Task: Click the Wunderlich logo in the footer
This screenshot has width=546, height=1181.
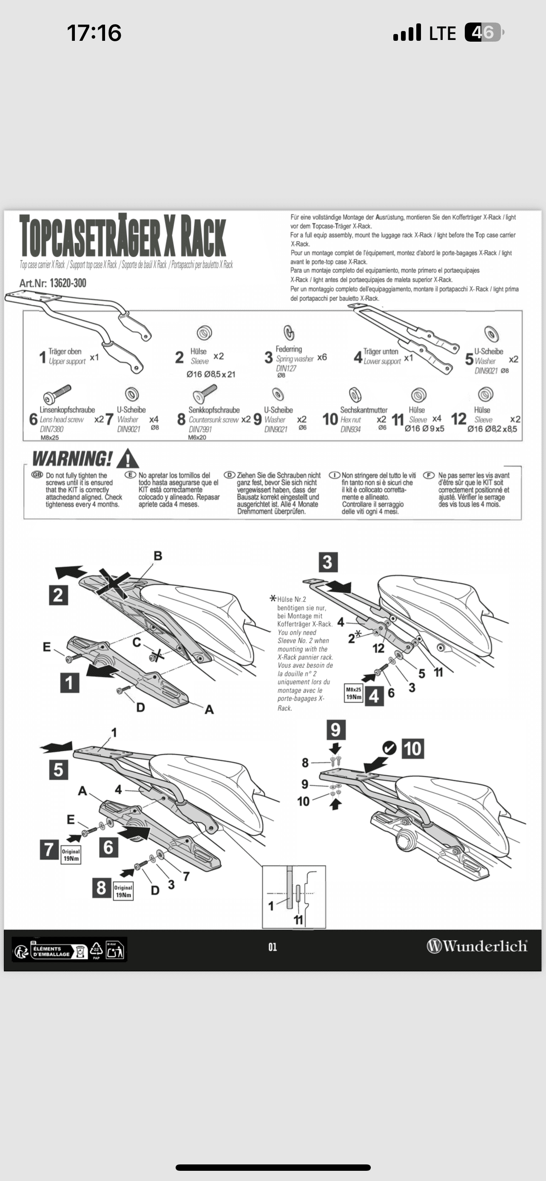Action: pos(477,946)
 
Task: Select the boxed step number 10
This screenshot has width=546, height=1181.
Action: pos(412,749)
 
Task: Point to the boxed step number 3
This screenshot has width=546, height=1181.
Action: pos(327,562)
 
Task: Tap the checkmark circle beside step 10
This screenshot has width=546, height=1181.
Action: pos(389,748)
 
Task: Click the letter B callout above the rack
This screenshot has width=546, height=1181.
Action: pos(158,556)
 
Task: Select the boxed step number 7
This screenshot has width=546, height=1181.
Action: pos(49,849)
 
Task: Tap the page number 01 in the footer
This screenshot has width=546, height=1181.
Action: pos(273,947)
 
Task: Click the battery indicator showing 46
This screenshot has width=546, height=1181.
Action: pos(484,33)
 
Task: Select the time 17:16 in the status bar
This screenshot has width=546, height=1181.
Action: pos(94,33)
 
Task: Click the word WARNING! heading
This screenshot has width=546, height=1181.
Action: pos(72,458)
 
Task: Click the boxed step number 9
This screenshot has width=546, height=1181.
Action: pos(336,730)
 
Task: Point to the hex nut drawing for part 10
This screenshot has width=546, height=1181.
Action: pos(355,394)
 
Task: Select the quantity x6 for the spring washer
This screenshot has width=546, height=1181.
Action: pos(322,357)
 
